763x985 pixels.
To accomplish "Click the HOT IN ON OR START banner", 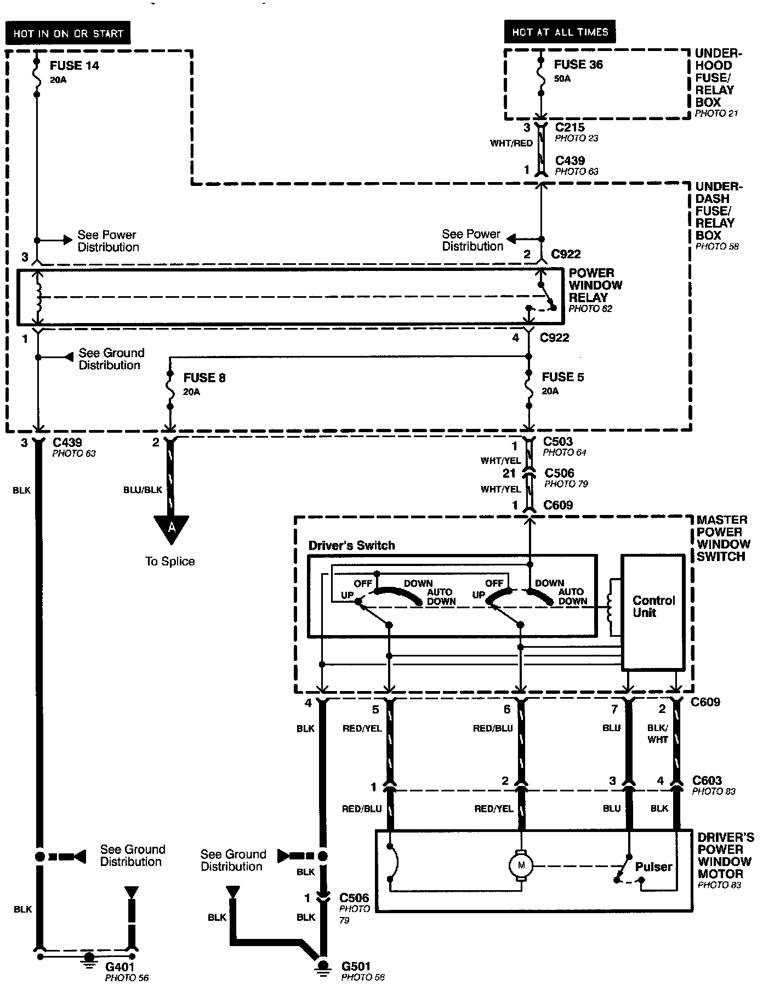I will tap(68, 33).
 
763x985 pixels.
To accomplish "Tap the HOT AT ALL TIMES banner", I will tap(560, 32).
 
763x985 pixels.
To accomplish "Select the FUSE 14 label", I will tap(75, 66).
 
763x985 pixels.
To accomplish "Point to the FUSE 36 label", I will tap(578, 65).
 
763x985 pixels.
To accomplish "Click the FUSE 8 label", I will tap(204, 378).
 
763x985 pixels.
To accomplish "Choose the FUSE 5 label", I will tap(562, 377).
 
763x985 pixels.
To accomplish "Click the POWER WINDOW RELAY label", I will tap(595, 285).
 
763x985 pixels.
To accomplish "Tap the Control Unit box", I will tap(653, 612).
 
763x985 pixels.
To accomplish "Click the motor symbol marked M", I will tap(521, 866).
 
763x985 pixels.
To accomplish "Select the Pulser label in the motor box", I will tap(653, 867).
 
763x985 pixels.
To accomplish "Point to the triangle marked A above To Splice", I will tap(172, 528).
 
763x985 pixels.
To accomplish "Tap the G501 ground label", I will tap(357, 966).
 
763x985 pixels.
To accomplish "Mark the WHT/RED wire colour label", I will tap(511, 144).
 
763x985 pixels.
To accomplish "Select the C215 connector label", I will tap(570, 127).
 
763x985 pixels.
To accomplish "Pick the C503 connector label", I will tap(558, 441).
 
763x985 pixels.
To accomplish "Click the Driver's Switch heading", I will tap(351, 545).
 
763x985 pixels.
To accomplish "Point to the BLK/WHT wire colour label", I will tap(657, 734).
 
